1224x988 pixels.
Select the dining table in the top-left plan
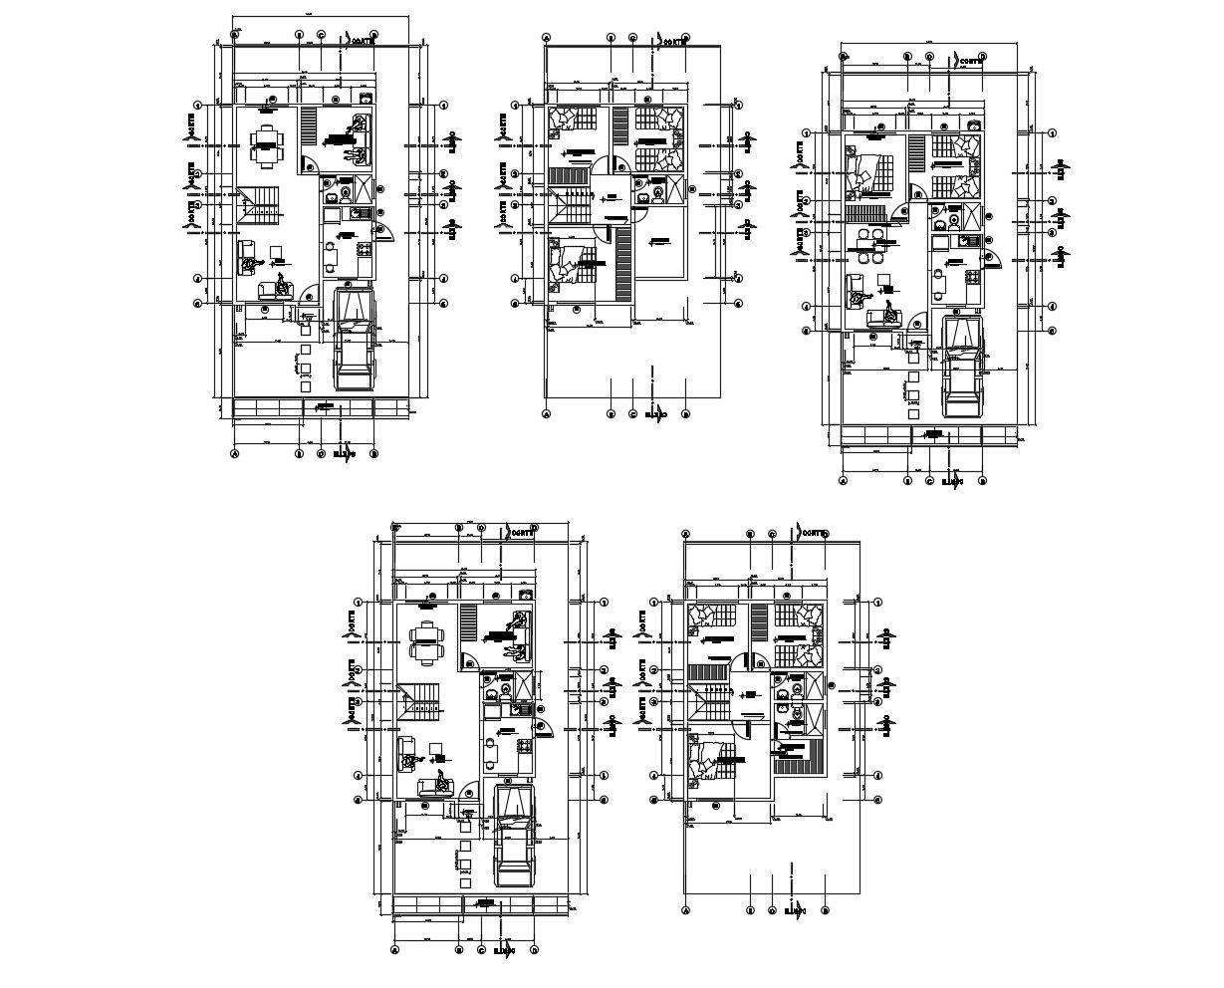(266, 145)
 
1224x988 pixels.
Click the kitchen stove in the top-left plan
(363, 246)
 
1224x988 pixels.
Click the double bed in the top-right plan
(868, 171)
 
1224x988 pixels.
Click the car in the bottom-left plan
(513, 835)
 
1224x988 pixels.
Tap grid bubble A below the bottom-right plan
(686, 910)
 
